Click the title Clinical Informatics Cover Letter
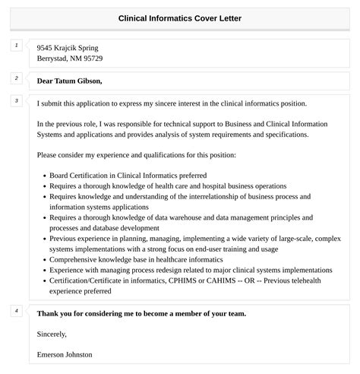(x=180, y=17)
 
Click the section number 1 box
(x=17, y=46)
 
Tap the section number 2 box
(x=17, y=78)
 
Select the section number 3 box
(x=17, y=101)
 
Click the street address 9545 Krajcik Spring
(x=67, y=48)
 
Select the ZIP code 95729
(x=92, y=59)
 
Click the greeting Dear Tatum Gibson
(x=69, y=81)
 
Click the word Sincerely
(x=52, y=334)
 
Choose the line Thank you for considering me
(x=141, y=313)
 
